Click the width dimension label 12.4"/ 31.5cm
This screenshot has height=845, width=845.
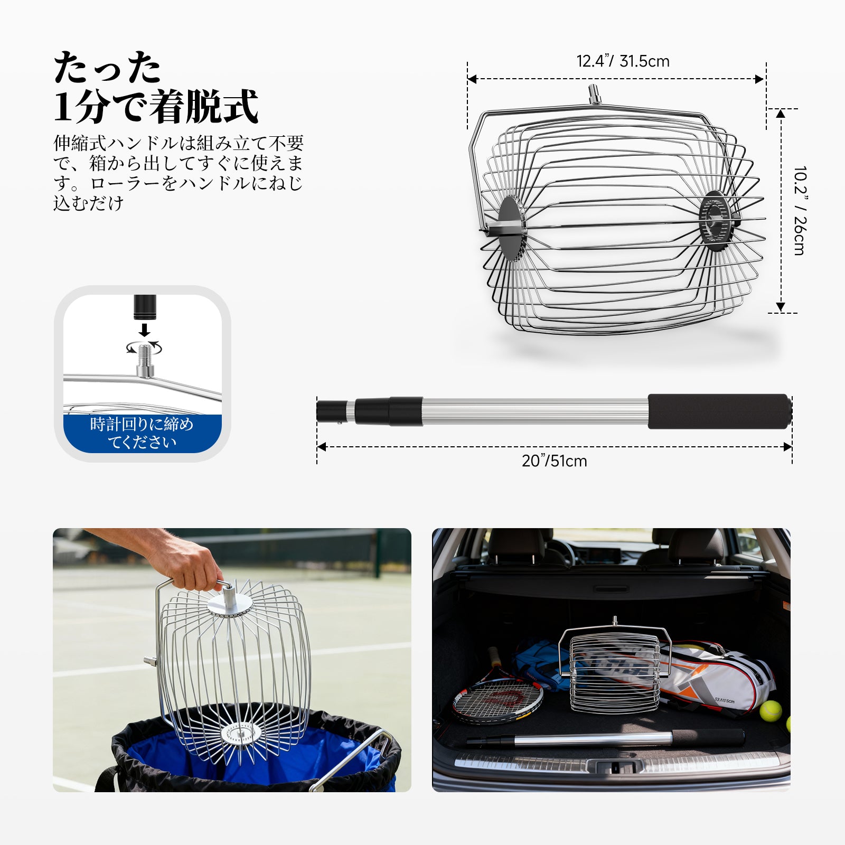tap(623, 61)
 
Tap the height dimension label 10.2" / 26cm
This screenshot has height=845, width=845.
tap(800, 211)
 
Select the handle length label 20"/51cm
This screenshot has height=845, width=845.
tap(554, 461)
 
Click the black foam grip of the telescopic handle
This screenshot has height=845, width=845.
tap(720, 411)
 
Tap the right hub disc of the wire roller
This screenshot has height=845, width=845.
tap(716, 221)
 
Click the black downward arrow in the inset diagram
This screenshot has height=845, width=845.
tap(144, 330)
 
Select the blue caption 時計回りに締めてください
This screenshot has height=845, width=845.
tap(142, 433)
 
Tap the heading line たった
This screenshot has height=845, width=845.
tap(107, 68)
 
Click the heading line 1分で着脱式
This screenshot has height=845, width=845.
tap(156, 106)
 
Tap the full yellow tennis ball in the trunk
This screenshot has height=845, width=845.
tap(771, 711)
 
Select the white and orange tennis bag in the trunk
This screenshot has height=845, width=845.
tap(716, 676)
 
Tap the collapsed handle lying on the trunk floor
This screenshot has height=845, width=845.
tap(605, 738)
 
